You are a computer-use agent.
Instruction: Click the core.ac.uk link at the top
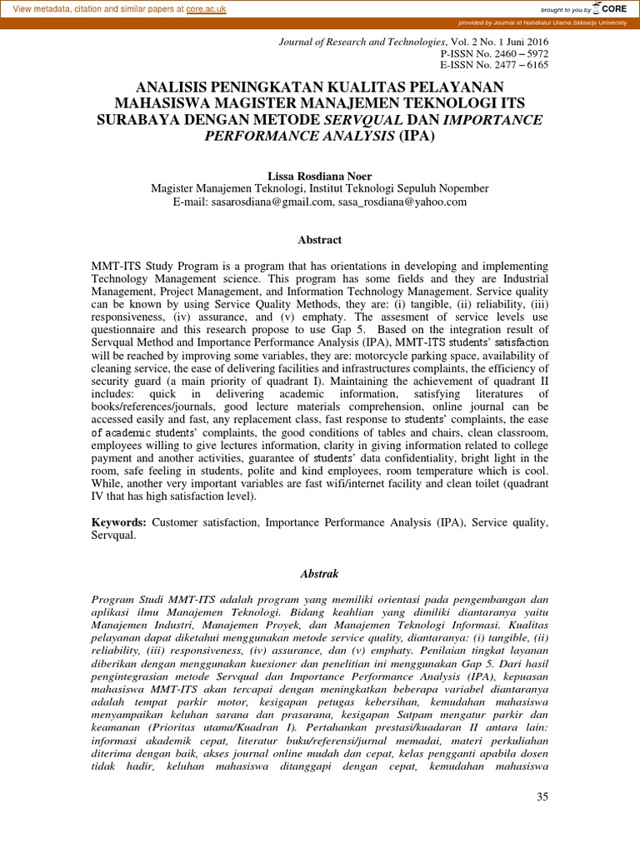[x=211, y=8]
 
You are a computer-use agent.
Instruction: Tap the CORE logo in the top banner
[x=611, y=8]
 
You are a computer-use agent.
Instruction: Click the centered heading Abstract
[x=320, y=240]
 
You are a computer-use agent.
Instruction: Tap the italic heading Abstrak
[x=320, y=574]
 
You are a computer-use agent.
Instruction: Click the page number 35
[x=542, y=798]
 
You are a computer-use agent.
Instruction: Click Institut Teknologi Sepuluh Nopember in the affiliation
[x=406, y=188]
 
